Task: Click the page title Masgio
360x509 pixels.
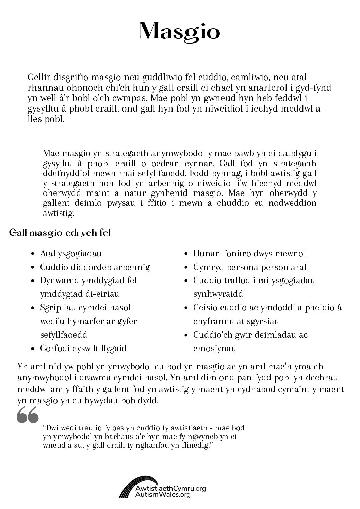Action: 180,32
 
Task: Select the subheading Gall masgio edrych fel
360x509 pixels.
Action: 60,233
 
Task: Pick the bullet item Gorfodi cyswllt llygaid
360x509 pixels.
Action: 83,348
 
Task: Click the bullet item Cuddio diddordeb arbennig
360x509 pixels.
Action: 95,267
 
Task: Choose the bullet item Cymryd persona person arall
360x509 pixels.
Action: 251,267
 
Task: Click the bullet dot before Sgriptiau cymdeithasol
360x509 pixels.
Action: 32,308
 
